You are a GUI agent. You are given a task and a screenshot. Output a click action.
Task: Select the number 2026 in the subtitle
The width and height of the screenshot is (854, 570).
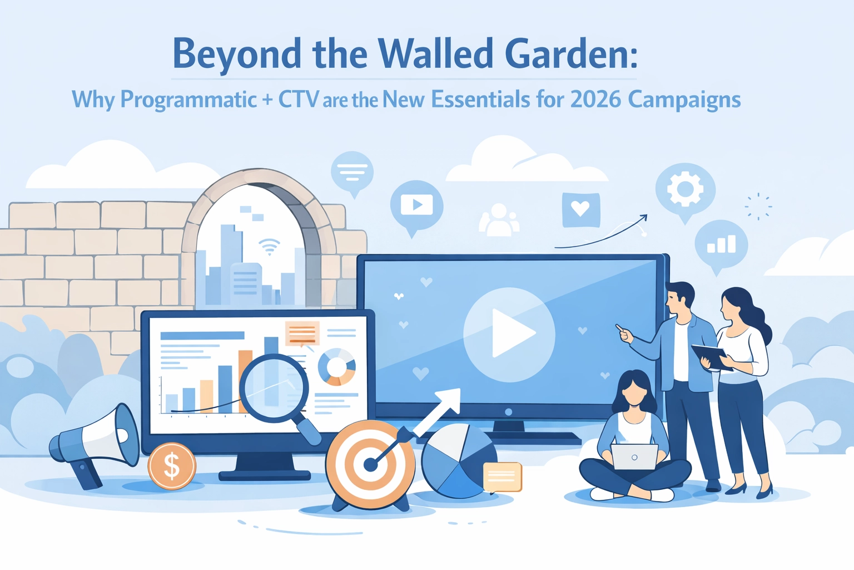[595, 100]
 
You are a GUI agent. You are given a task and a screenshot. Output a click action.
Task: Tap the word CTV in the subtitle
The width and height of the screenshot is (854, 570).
[299, 100]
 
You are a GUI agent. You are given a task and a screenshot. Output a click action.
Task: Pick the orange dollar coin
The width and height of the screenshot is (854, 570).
[172, 465]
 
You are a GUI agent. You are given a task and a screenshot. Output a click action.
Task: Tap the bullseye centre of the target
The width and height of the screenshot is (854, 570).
[370, 465]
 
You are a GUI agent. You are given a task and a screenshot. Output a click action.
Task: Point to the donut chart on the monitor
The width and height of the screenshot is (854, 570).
[336, 366]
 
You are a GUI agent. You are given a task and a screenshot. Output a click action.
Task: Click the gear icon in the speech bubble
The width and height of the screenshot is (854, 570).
[685, 189]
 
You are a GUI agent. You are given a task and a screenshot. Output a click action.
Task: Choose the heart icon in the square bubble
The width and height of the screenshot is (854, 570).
[580, 209]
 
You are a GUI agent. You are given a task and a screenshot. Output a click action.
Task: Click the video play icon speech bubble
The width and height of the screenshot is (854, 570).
[416, 205]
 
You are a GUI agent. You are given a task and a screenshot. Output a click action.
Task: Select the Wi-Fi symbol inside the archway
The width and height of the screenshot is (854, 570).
[269, 247]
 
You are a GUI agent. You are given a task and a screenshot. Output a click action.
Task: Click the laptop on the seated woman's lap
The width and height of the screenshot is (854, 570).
[634, 457]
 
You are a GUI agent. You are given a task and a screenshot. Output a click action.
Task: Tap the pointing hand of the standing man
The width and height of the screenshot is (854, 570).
[624, 333]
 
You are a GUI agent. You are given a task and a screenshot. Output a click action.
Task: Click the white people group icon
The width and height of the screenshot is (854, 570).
[499, 220]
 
